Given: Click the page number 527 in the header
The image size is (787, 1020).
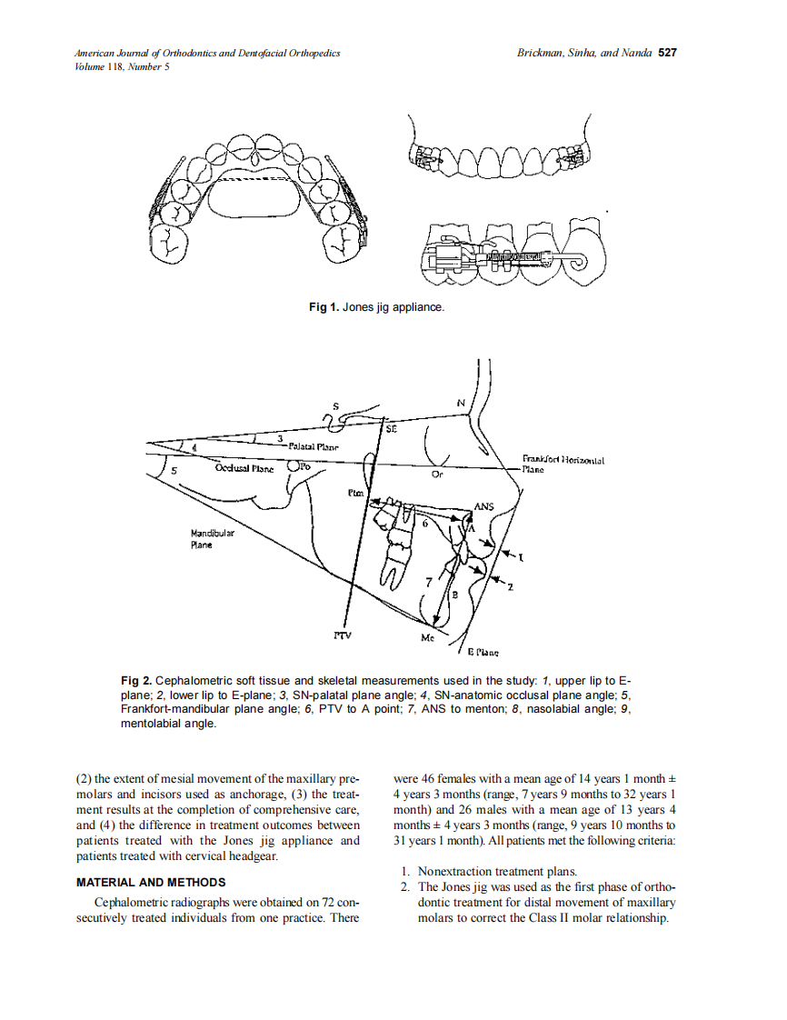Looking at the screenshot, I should pyautogui.click(x=667, y=54).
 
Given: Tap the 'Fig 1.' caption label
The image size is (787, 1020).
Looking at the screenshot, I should pyautogui.click(x=325, y=307).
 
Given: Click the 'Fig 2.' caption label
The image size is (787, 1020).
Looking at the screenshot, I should pyautogui.click(x=136, y=681).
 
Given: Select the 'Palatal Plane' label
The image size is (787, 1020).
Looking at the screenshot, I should pyautogui.click(x=314, y=447).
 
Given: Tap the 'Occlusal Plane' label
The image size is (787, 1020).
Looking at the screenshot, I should pyautogui.click(x=244, y=469).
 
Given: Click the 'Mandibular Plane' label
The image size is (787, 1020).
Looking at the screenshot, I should pyautogui.click(x=212, y=538).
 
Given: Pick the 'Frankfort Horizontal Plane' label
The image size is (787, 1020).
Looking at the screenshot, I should pyautogui.click(x=563, y=465).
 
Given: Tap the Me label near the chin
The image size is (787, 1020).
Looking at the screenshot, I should pyautogui.click(x=429, y=638).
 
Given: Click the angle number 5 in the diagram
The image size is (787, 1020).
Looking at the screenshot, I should pyautogui.click(x=174, y=471).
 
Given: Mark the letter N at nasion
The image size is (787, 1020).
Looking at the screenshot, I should pyautogui.click(x=461, y=402).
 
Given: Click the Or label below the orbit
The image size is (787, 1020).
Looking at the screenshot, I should pyautogui.click(x=438, y=474).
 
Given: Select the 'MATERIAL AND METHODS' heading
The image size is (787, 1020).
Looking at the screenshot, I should pyautogui.click(x=151, y=883).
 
